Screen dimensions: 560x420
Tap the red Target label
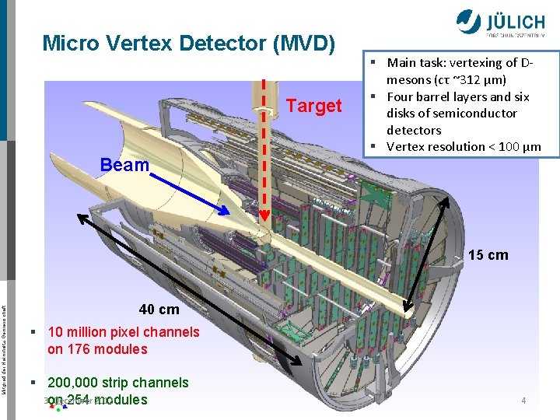coord(314,106)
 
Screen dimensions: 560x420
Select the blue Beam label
coord(124,165)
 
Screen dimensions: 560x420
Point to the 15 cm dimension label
coord(488,255)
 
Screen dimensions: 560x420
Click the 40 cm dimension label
coord(159,310)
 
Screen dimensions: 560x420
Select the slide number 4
coord(523,401)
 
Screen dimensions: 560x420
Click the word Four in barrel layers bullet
coord(402,96)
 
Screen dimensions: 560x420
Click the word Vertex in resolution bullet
coord(405,147)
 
